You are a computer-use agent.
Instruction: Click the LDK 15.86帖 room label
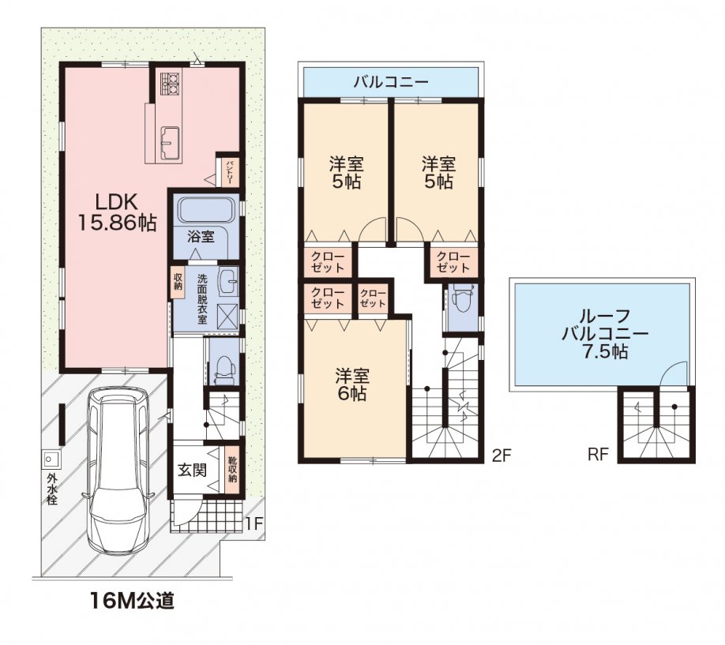tap(116, 212)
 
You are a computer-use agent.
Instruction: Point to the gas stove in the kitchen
tap(170, 83)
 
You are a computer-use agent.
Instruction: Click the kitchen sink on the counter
tap(170, 142)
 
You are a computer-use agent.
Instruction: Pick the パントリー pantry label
tap(230, 172)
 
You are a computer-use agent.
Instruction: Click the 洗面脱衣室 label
tap(202, 299)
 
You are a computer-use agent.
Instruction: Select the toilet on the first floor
tap(225, 369)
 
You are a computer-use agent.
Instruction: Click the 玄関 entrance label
tap(192, 471)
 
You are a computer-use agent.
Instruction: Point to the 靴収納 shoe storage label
tap(232, 470)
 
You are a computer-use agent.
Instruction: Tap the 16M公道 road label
tap(132, 601)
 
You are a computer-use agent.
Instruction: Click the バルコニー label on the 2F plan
tap(391, 83)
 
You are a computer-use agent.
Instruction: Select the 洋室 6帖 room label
tap(352, 384)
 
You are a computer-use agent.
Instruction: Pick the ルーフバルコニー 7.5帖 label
tap(604, 334)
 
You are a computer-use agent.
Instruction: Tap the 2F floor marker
tap(501, 456)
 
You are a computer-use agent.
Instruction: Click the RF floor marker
tap(597, 455)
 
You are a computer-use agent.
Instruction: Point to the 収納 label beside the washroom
tap(178, 280)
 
